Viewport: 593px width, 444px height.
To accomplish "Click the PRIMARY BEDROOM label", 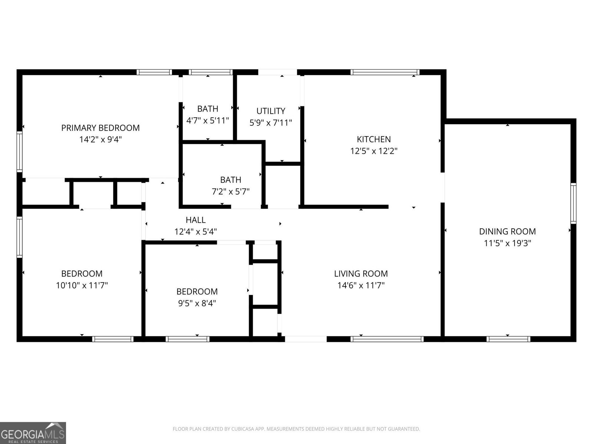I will click(x=100, y=128).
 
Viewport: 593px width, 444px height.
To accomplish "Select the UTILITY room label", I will click(x=271, y=111).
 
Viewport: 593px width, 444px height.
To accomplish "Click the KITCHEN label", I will click(x=374, y=139).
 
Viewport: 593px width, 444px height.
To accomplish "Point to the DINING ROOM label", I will click(x=507, y=232).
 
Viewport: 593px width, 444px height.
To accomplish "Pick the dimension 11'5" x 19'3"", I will click(x=507, y=243).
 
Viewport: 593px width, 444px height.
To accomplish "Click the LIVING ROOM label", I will click(x=361, y=274).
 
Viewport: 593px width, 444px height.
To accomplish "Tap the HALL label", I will click(x=196, y=220).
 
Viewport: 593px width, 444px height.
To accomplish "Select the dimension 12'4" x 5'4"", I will click(x=196, y=232).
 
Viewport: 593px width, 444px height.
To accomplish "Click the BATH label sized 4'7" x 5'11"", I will click(x=208, y=109).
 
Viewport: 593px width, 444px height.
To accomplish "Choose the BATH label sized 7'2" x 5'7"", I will click(x=231, y=180).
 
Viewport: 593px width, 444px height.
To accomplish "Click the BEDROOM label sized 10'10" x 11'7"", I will click(x=82, y=274).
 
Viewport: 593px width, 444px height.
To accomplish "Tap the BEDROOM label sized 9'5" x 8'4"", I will click(x=197, y=292).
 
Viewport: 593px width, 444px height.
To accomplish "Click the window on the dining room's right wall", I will click(x=573, y=203).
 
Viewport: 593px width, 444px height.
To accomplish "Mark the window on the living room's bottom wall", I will click(x=387, y=339).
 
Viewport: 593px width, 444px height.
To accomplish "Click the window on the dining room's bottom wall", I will click(x=508, y=339).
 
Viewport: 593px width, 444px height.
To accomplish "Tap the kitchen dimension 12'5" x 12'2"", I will click(x=374, y=151).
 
